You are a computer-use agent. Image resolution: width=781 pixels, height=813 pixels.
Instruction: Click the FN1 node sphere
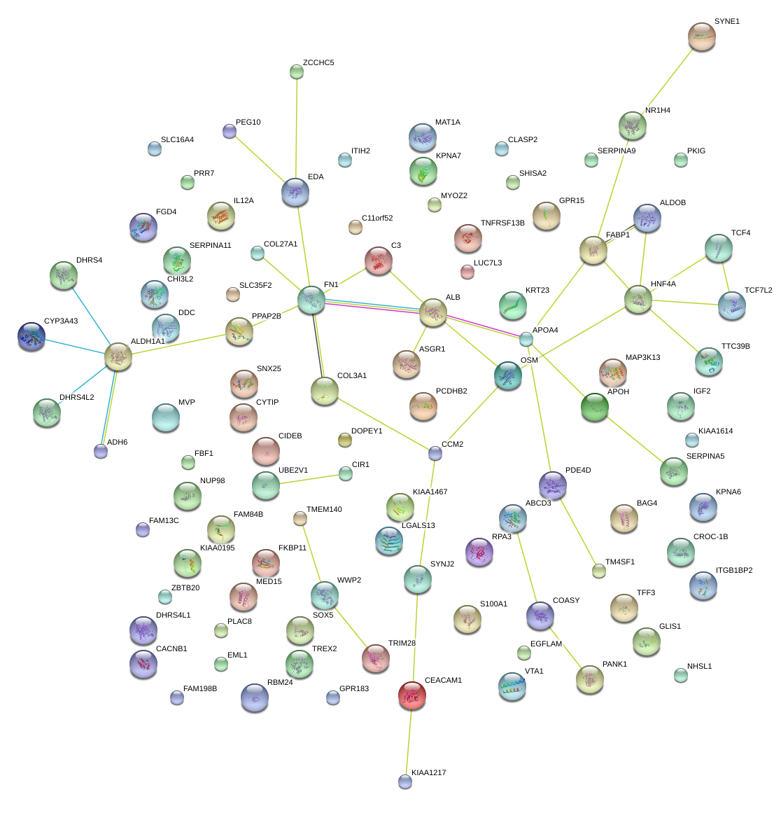(x=311, y=300)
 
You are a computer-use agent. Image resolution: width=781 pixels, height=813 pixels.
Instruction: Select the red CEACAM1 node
(x=412, y=695)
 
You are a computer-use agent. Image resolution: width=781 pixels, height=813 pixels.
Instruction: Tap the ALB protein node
(x=432, y=312)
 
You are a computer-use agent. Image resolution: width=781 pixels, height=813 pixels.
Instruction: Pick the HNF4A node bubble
(x=638, y=299)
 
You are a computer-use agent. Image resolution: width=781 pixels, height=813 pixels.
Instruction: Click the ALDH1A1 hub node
(x=118, y=356)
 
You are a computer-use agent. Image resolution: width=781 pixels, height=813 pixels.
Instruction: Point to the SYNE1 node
(x=701, y=36)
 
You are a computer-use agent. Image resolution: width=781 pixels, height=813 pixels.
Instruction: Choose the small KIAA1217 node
(x=404, y=781)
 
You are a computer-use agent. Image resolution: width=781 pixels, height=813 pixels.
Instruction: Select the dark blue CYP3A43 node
(x=31, y=336)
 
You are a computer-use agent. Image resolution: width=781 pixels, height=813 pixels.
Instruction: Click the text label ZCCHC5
(x=318, y=63)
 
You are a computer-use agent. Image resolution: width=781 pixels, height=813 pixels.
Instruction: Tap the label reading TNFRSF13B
(x=502, y=223)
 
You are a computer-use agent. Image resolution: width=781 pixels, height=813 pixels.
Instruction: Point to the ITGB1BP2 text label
(x=734, y=571)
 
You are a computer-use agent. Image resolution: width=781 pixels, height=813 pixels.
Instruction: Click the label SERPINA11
(x=210, y=246)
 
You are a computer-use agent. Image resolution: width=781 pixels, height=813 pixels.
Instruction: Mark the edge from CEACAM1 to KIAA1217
(x=409, y=739)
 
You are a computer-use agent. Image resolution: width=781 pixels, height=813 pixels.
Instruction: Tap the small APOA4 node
(x=526, y=339)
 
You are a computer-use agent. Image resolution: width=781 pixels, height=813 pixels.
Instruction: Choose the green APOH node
(x=594, y=407)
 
